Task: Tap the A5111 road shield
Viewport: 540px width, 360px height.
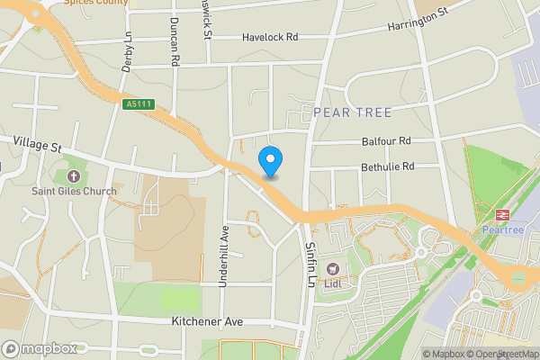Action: (139, 105)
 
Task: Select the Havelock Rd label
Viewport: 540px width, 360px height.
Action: (270, 38)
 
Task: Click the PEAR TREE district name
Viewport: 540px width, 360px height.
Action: (353, 112)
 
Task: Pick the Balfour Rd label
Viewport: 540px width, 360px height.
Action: (386, 141)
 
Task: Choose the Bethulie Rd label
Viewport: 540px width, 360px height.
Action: (387, 166)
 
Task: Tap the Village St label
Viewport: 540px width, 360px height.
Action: (37, 144)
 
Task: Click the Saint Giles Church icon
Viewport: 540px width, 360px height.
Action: (72, 175)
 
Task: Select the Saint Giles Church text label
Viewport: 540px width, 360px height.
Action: (75, 191)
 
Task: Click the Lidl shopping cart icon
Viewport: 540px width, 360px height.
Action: (332, 268)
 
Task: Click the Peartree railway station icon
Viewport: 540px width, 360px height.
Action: (502, 215)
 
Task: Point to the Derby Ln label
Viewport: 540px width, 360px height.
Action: (127, 55)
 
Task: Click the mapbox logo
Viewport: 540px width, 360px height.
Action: (40, 348)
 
